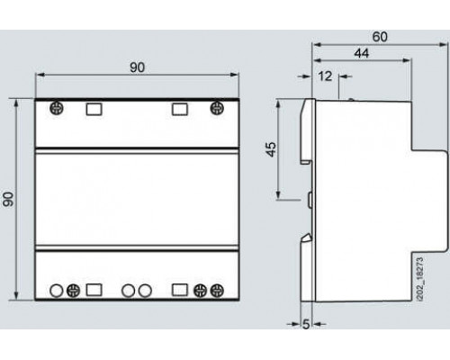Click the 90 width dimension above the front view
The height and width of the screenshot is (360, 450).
tap(137, 67)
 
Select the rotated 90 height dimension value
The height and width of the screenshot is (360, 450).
tap(8, 199)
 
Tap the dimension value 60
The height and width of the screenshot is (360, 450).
tap(380, 37)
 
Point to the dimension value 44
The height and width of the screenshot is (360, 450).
tap(362, 53)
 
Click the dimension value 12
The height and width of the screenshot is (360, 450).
tap(325, 76)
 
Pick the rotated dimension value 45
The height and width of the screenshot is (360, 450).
tap(271, 149)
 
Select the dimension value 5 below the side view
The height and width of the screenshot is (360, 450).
tap(306, 324)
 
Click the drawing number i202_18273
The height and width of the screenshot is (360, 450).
tap(420, 278)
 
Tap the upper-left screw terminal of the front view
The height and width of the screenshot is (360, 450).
tap(57, 108)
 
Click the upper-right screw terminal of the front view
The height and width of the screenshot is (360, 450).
tap(217, 108)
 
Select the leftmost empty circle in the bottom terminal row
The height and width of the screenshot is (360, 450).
tap(56, 291)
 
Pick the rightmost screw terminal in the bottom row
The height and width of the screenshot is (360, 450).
tap(217, 291)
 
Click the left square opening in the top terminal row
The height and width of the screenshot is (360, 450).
tap(94, 109)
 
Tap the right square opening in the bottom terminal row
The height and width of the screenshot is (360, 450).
tap(180, 290)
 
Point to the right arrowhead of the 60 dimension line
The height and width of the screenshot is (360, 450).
tap(444, 45)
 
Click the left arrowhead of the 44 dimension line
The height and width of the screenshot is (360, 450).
tap(317, 60)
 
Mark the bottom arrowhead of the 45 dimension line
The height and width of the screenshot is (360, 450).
tap(278, 194)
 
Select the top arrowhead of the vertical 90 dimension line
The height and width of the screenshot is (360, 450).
tap(16, 103)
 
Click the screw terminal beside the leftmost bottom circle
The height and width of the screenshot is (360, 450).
tap(73, 291)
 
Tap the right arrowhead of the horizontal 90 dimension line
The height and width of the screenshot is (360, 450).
tap(234, 75)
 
